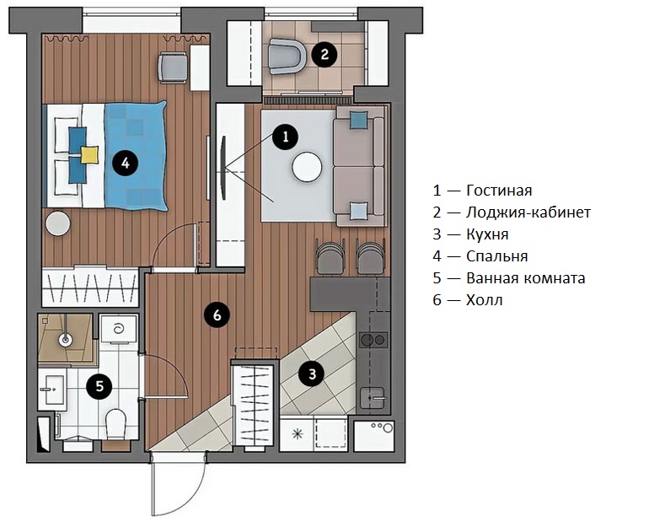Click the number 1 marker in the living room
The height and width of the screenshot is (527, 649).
point(285,136)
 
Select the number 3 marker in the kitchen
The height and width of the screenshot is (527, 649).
point(312,373)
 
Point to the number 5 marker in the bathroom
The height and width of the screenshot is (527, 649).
point(99,387)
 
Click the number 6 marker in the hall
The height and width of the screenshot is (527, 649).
point(217,315)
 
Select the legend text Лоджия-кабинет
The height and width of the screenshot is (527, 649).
point(528,212)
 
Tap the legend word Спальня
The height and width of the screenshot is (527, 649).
point(496,256)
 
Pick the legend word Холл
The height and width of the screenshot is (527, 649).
point(484,300)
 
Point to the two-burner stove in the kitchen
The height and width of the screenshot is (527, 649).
point(373,341)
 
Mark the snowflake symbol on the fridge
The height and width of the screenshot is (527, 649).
point(296,433)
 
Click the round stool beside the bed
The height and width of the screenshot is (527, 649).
point(58,224)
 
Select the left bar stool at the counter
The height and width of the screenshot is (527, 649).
point(330,256)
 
